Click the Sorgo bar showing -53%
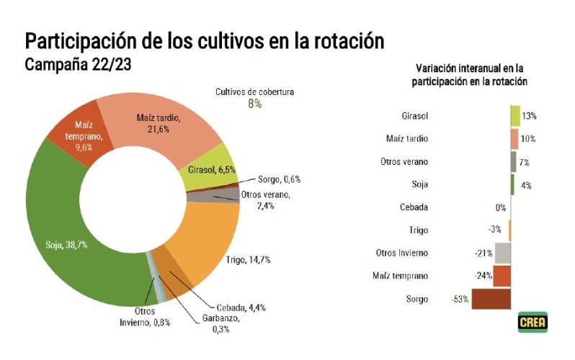[491, 299]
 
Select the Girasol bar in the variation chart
[515, 116]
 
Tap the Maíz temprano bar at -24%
[502, 276]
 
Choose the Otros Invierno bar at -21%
[503, 253]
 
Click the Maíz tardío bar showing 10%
[514, 139]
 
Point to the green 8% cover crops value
[254, 104]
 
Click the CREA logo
[532, 322]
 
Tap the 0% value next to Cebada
[501, 207]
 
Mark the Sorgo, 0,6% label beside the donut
[279, 179]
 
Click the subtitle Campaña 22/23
[77, 65]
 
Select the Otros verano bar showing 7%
[514, 162]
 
